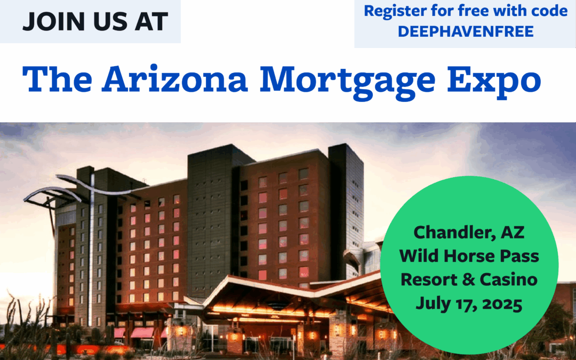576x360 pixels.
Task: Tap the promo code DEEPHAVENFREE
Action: pyautogui.click(x=466, y=31)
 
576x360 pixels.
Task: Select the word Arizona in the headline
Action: pyautogui.click(x=175, y=79)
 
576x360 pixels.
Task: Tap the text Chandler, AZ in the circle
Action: pyautogui.click(x=469, y=233)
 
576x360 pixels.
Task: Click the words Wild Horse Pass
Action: pyautogui.click(x=469, y=256)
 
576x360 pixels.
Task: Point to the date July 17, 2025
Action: pyautogui.click(x=469, y=304)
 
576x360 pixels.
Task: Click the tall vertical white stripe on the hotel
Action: pyautogui.click(x=91, y=250)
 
